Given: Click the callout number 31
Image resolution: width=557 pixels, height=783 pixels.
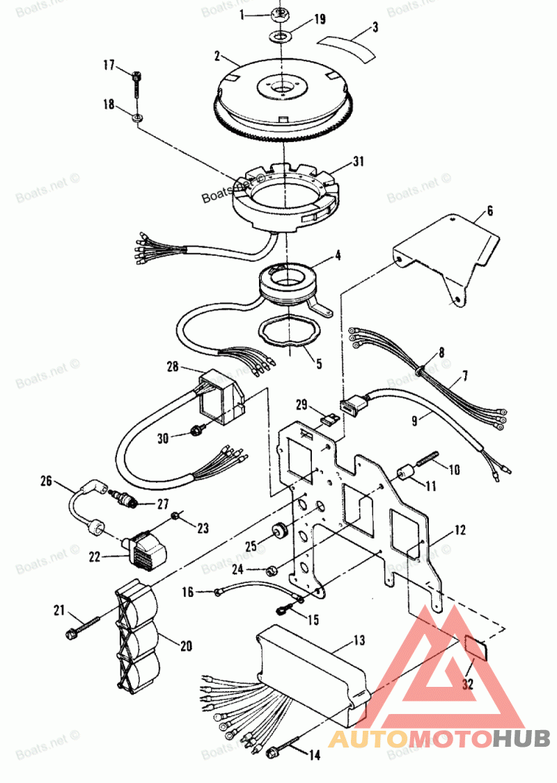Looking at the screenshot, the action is [358, 162].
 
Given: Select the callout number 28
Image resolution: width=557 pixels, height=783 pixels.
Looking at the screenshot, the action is [173, 365].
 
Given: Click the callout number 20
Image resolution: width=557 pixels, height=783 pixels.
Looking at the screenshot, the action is [186, 645].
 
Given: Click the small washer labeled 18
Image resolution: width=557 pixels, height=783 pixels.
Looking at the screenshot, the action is [138, 115].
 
